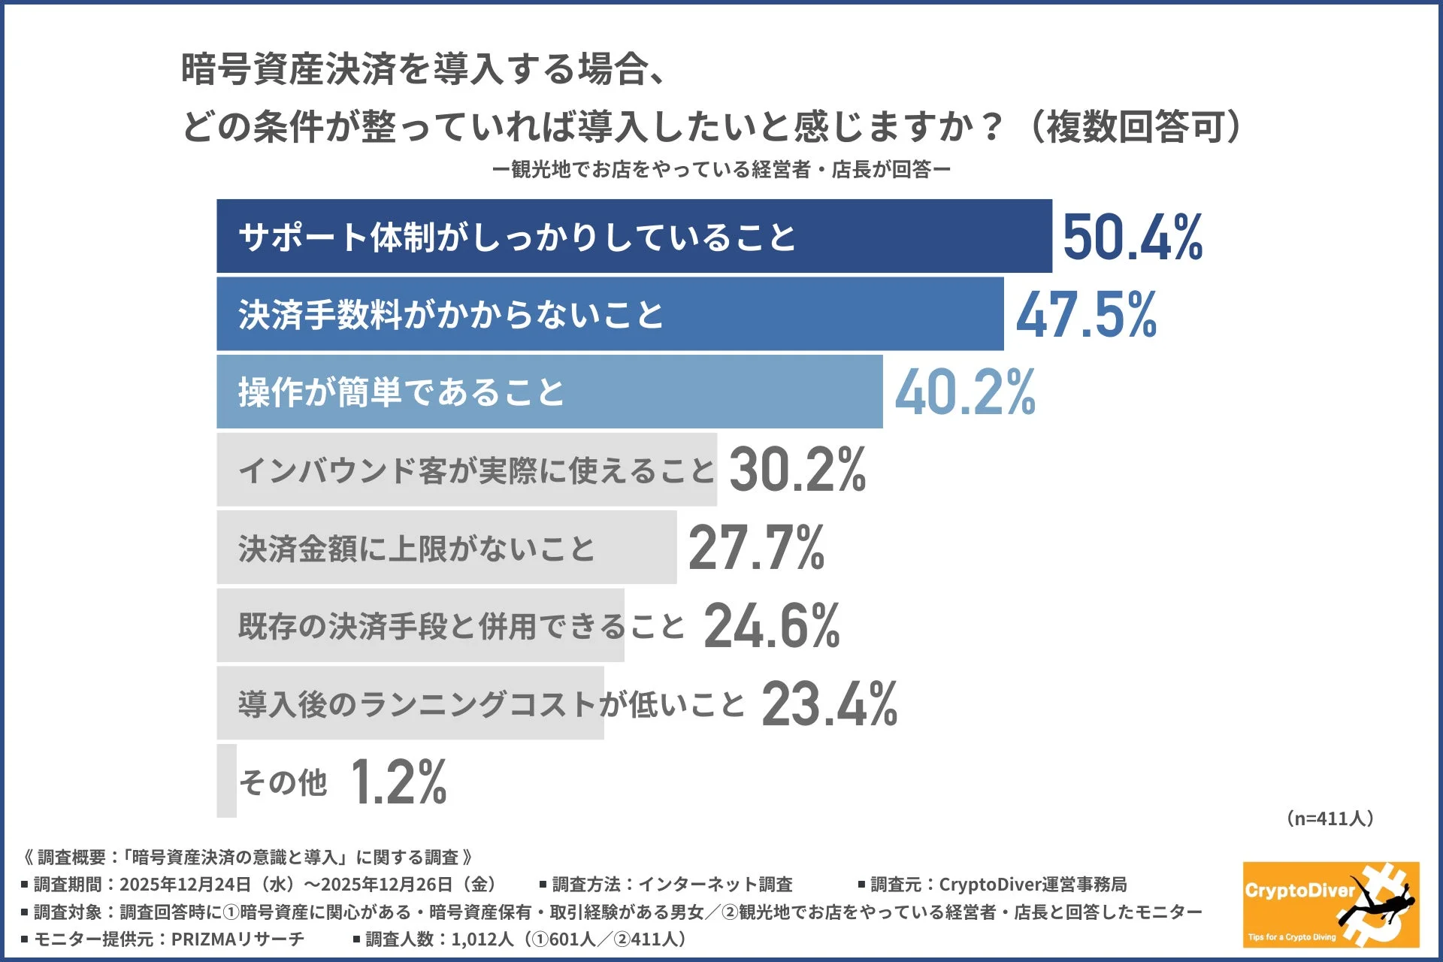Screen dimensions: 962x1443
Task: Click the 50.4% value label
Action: pyautogui.click(x=1132, y=237)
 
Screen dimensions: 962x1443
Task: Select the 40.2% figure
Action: pyautogui.click(x=964, y=392)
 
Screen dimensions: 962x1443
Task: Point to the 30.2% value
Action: pyautogui.click(x=797, y=470)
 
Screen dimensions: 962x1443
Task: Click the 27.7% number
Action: pyautogui.click(x=756, y=548)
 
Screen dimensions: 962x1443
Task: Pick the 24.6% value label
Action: pyautogui.click(x=771, y=626)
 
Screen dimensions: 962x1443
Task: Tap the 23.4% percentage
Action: pyautogui.click(x=829, y=704)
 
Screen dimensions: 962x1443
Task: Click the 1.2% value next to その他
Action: pyautogui.click(x=398, y=782)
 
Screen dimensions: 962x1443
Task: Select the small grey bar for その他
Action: pyautogui.click(x=226, y=780)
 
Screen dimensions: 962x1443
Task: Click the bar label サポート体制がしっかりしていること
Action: pyautogui.click(x=516, y=237)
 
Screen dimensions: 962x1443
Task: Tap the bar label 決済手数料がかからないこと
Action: pyautogui.click(x=451, y=315)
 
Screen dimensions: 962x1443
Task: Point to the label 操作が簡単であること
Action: pyautogui.click(x=401, y=392)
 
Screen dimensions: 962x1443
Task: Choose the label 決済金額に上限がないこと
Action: pyautogui.click(x=416, y=549)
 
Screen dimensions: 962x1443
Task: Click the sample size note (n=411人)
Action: pyautogui.click(x=1330, y=818)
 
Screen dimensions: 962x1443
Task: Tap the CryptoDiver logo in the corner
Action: pyautogui.click(x=1330, y=904)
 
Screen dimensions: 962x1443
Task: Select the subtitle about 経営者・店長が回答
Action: pyautogui.click(x=721, y=170)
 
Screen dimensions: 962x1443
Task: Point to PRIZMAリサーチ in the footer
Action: pyautogui.click(x=237, y=939)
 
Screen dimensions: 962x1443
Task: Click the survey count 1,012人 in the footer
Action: pyautogui.click(x=482, y=939)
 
